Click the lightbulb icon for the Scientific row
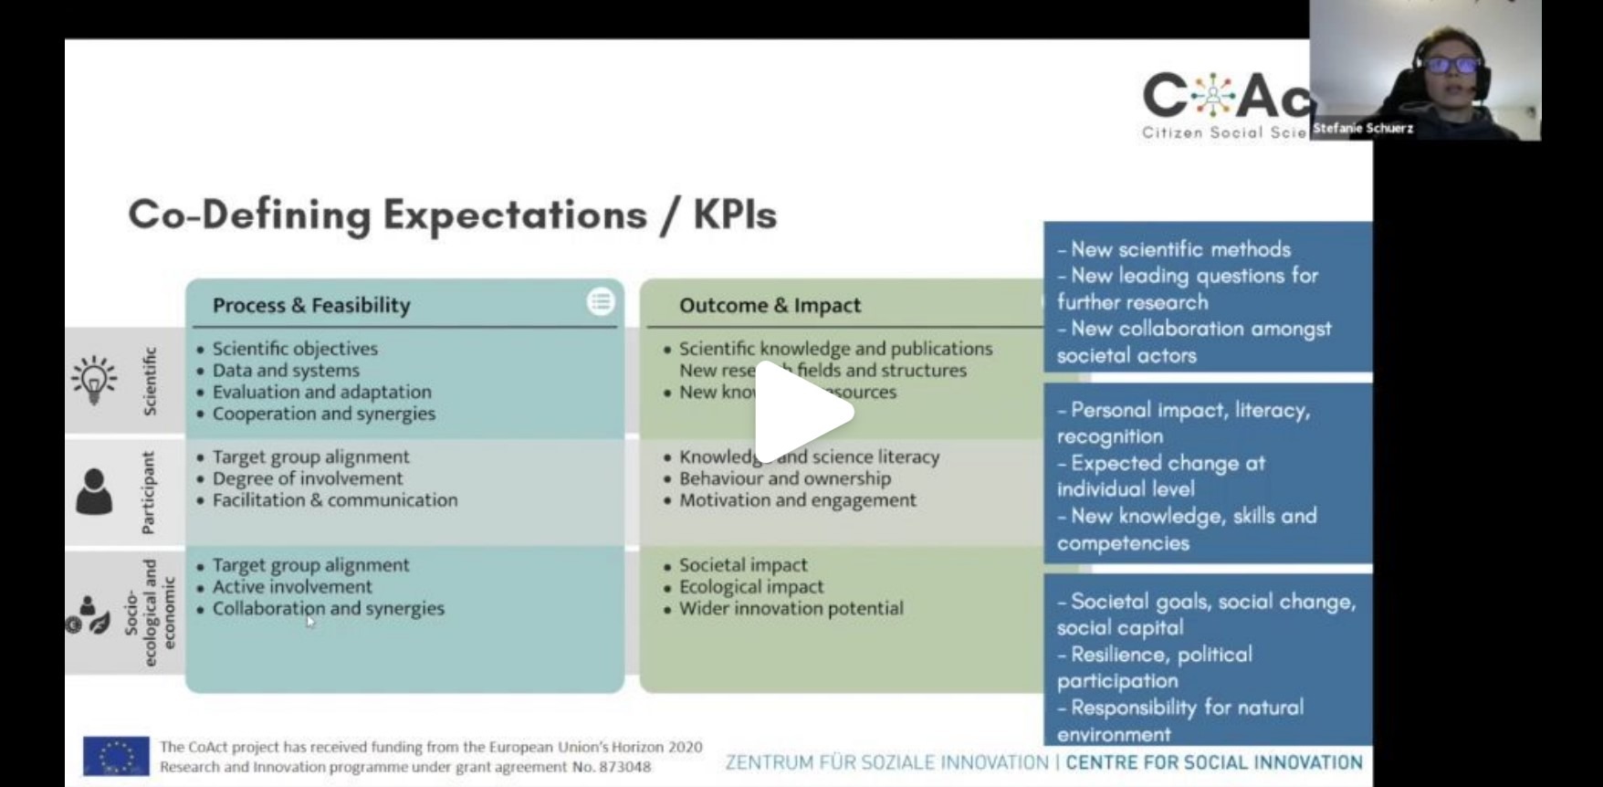coord(94,380)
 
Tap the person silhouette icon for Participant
coord(94,493)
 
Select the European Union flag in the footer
coord(116,756)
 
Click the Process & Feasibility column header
coord(311,306)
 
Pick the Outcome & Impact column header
coord(770,306)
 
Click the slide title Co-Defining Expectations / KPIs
coord(452,215)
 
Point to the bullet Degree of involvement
coord(307,478)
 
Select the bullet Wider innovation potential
coord(791,608)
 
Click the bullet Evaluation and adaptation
coord(321,392)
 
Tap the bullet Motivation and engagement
coord(797,500)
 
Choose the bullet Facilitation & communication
coord(334,500)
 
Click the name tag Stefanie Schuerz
coord(1362,129)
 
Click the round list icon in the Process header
coord(600,301)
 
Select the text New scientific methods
coord(1180,249)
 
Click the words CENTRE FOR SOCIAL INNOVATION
coord(1214,762)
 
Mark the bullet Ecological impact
coord(750,587)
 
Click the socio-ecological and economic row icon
coord(89,614)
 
